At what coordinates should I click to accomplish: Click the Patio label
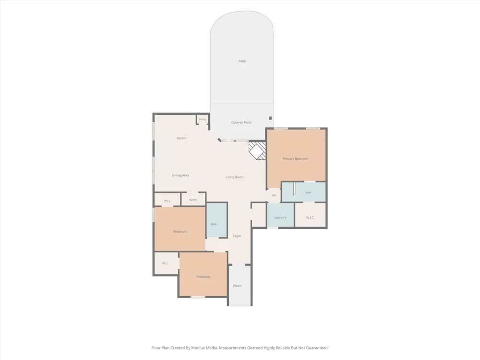point(242,61)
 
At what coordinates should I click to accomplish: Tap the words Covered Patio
point(241,122)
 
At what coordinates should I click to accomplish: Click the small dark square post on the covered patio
point(270,118)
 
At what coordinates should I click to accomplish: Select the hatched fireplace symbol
point(257,150)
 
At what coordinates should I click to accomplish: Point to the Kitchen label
point(182,138)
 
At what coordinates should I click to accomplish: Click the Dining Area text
point(180,175)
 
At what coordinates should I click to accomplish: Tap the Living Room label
point(235,177)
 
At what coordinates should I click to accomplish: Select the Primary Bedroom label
point(295,158)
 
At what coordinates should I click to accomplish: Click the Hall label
point(274,195)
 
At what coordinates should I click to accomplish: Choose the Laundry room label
point(280,217)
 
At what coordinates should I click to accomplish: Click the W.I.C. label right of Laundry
point(310,217)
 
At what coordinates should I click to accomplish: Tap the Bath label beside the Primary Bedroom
point(308,192)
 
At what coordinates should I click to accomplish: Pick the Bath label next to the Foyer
point(214,224)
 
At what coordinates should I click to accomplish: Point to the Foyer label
point(237,236)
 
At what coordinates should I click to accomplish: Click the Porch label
point(237,286)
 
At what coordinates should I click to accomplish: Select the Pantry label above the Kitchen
point(203,120)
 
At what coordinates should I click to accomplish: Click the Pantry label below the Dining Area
point(193,200)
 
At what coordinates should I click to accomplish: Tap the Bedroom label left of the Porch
point(203,277)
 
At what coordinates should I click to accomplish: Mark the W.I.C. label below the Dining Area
point(168,201)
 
